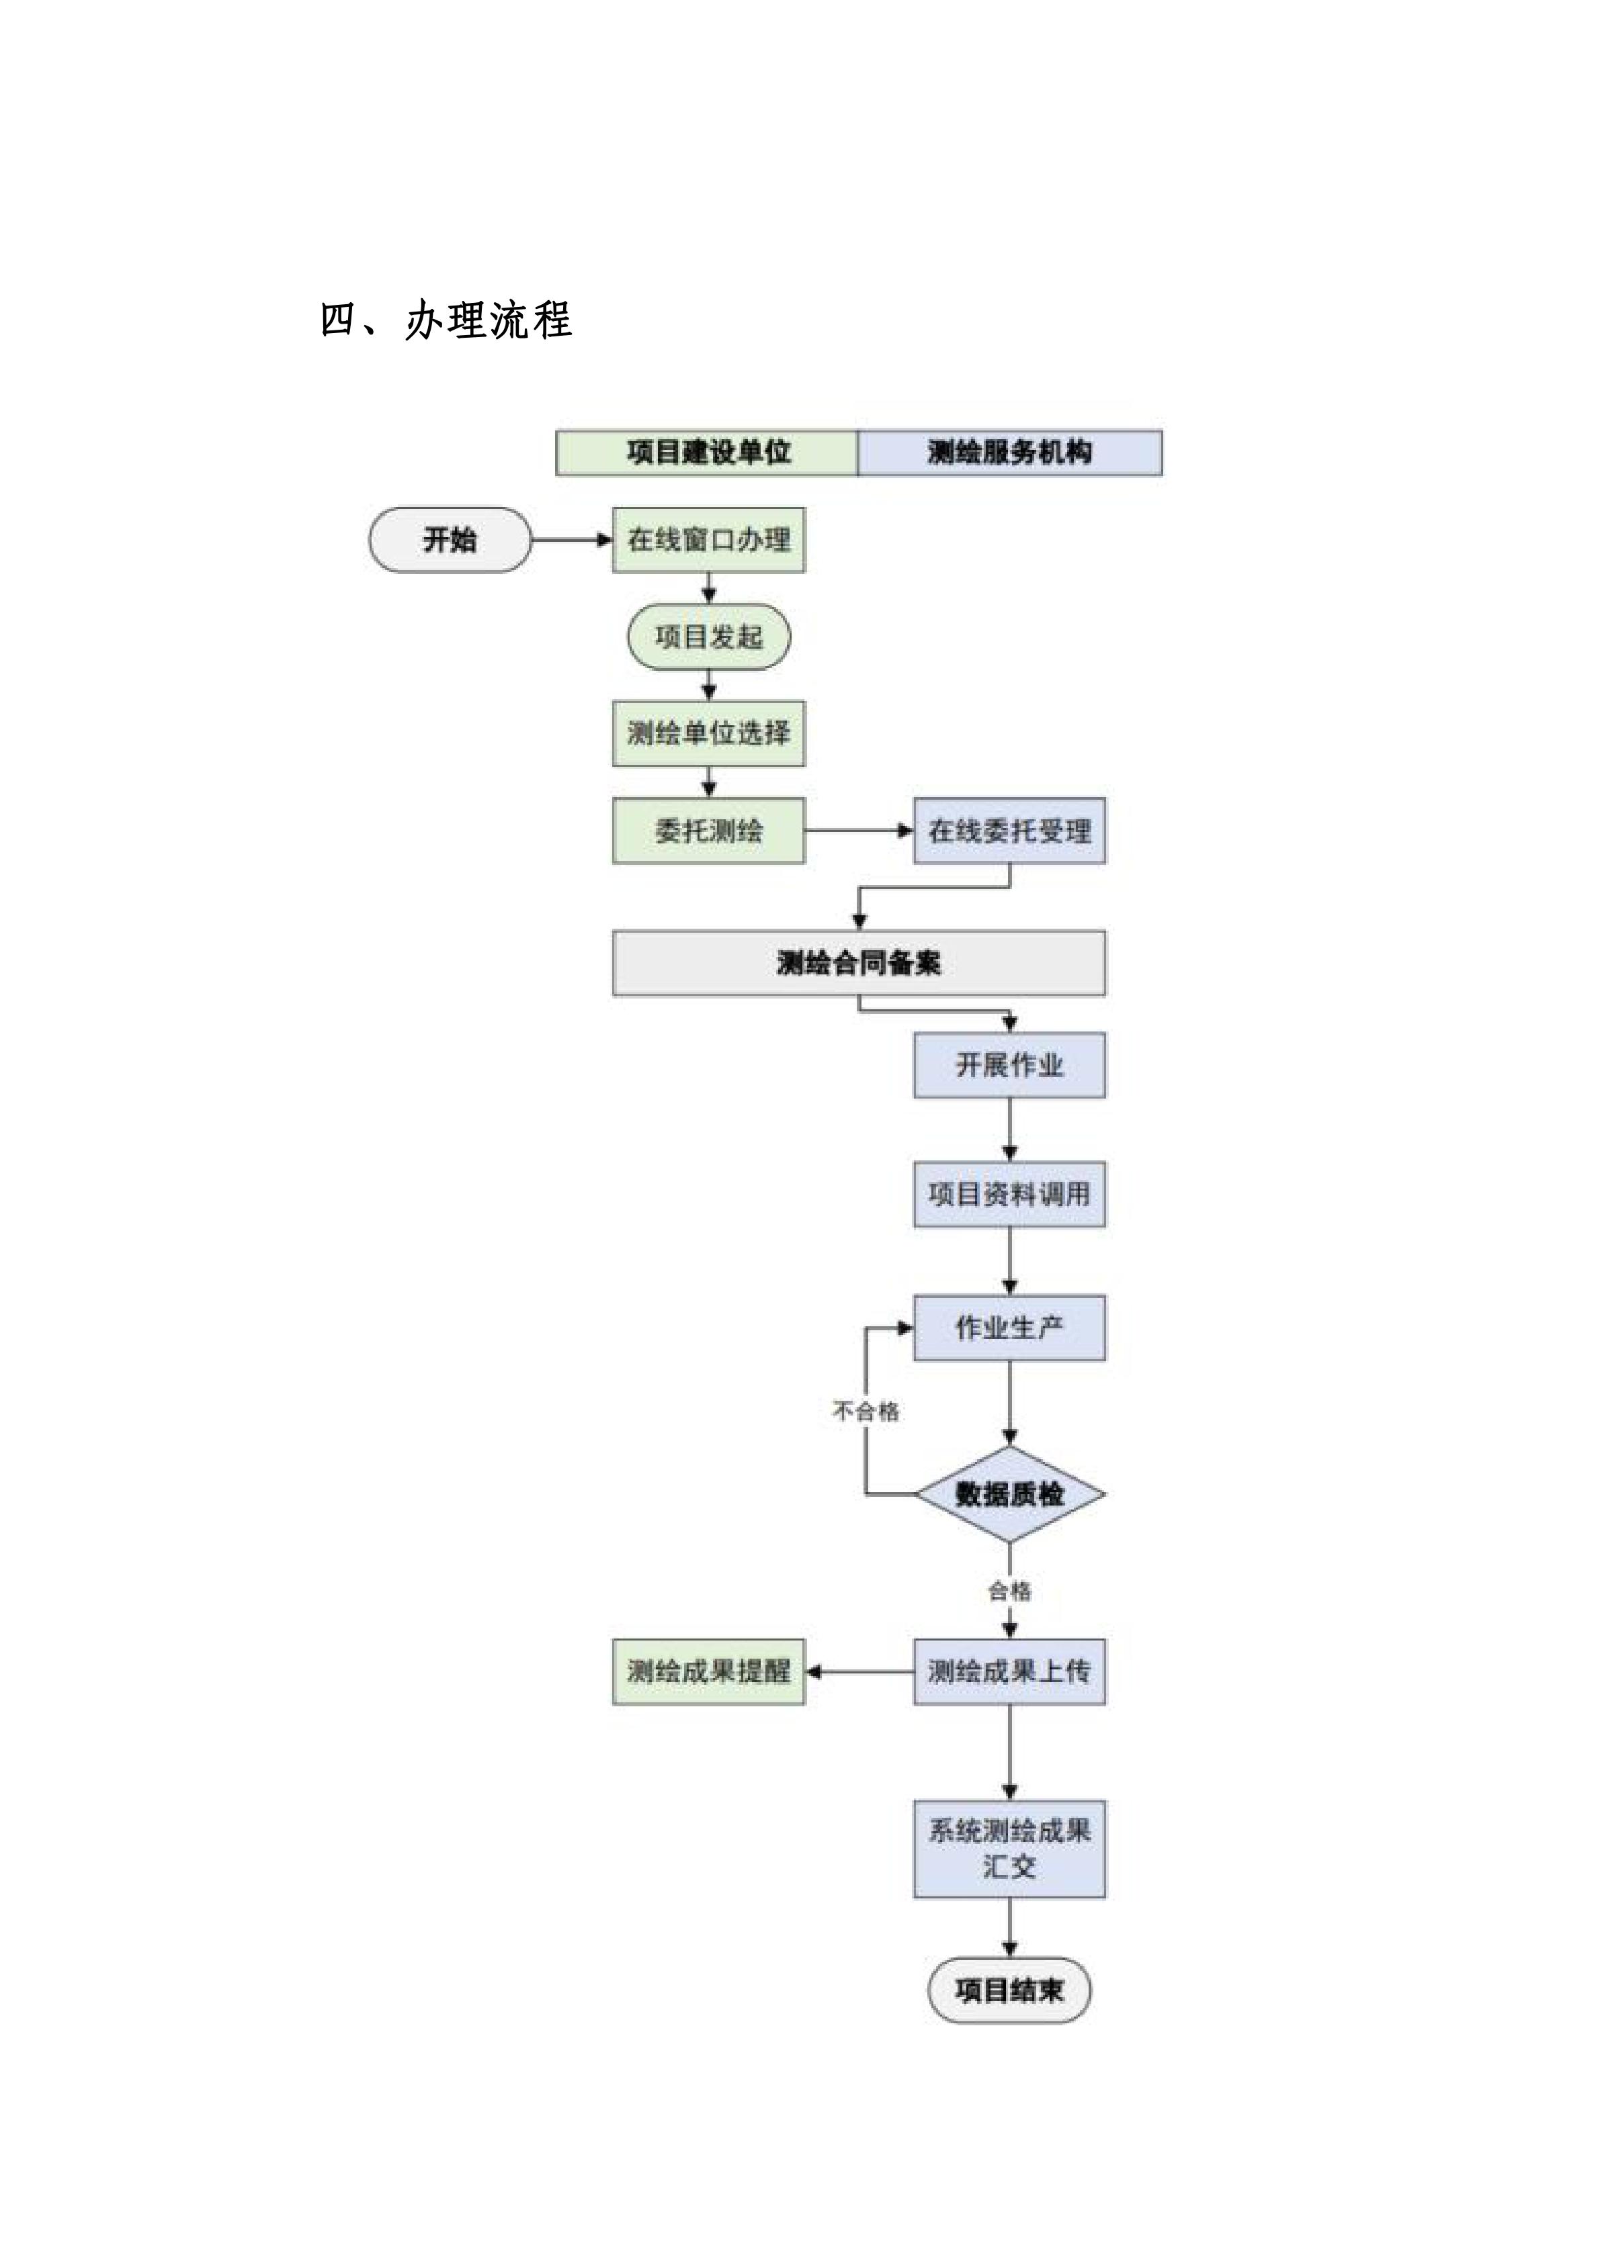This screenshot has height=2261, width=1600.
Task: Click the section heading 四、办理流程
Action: click(x=446, y=321)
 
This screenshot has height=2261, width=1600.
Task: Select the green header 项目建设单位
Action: click(x=708, y=453)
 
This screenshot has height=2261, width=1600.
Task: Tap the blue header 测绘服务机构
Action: click(x=1009, y=453)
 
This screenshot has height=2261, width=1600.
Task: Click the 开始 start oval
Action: click(x=450, y=540)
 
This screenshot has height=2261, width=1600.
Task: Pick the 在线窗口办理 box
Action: click(x=708, y=540)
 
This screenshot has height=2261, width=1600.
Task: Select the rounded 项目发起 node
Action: click(x=708, y=637)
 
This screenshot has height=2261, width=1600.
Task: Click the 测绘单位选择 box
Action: click(x=708, y=733)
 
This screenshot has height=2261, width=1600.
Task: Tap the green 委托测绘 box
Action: click(x=708, y=831)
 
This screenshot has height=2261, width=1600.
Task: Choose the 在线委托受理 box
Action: click(x=1009, y=831)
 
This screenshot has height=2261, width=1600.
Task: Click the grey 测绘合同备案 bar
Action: click(x=858, y=963)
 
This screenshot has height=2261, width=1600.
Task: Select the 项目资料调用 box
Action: click(x=1009, y=1195)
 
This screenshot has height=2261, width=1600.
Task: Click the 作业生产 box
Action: click(x=1009, y=1328)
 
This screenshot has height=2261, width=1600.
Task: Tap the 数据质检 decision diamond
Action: click(x=1009, y=1494)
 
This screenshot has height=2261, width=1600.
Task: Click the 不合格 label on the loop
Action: click(x=866, y=1411)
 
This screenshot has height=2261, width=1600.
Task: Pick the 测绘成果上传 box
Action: click(x=1009, y=1671)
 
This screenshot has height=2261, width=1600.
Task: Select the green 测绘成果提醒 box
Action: click(x=708, y=1671)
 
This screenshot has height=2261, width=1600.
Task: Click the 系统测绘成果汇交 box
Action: click(x=1009, y=1849)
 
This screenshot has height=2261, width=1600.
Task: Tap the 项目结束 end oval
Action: click(x=1009, y=1990)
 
